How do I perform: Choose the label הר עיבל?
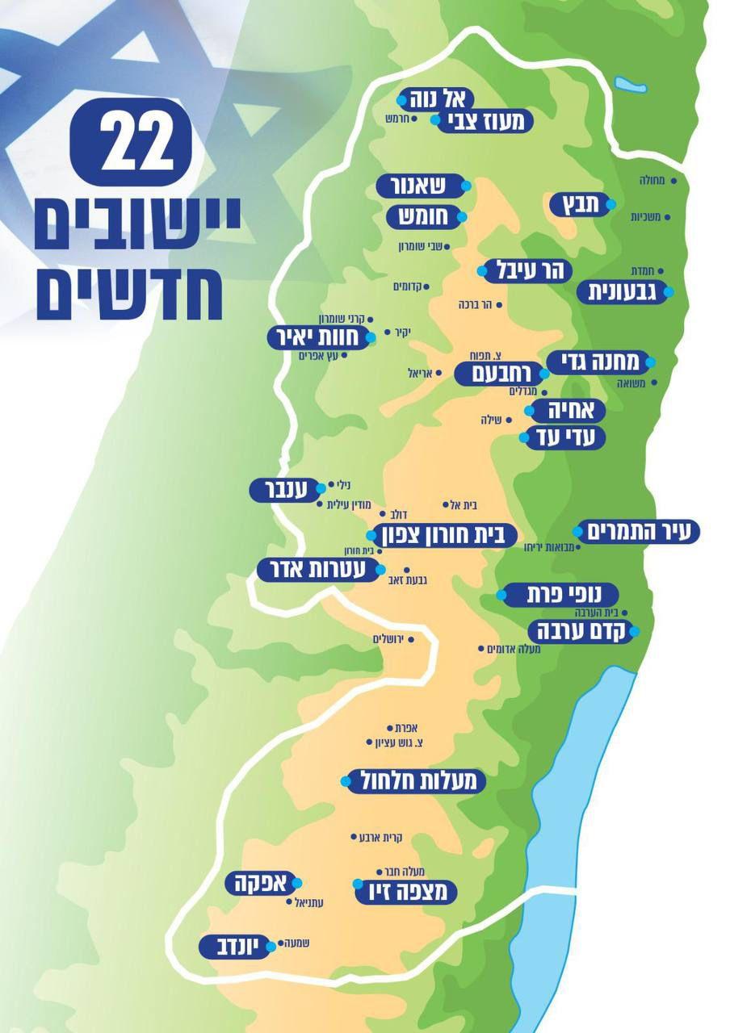pos(527,271)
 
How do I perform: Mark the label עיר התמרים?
pos(638,532)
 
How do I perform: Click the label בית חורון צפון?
pos(444,534)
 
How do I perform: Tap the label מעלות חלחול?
pos(415,780)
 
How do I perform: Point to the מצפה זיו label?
pos(407,891)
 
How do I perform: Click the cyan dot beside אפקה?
pos(296,882)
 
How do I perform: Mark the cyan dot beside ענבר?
pos(321,487)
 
